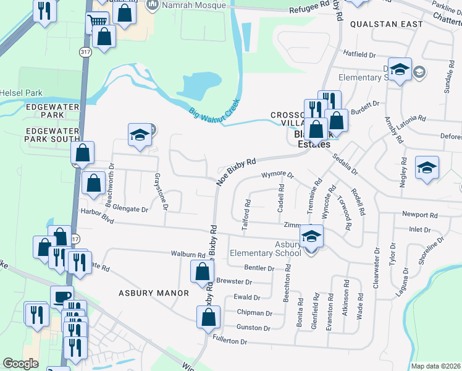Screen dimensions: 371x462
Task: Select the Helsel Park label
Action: click(21, 93)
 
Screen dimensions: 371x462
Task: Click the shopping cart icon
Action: click(96, 22)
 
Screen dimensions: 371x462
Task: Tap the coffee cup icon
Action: click(61, 296)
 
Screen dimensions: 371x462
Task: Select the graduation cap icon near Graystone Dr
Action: click(140, 135)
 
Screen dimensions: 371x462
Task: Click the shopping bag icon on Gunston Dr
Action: click(209, 317)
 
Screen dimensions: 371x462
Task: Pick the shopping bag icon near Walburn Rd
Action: click(203, 271)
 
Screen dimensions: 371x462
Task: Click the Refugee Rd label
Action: click(309, 7)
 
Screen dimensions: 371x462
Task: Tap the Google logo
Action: click(20, 364)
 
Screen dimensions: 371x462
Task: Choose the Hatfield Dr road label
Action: click(360, 54)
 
